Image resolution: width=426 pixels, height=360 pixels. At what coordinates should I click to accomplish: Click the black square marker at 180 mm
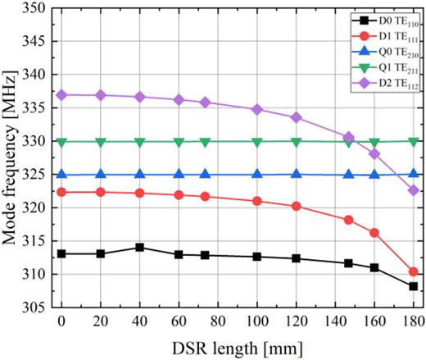point(413,286)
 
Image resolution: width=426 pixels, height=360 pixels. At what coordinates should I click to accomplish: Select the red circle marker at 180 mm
point(413,271)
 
